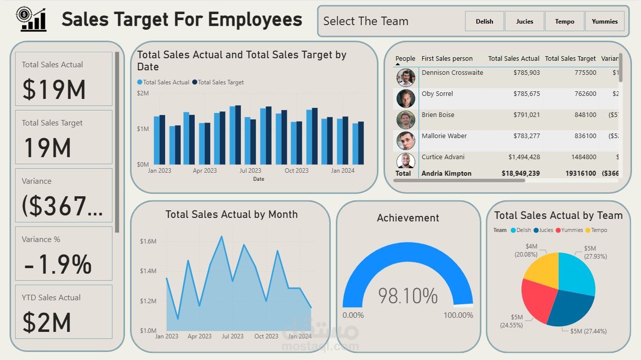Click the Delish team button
pos(484,22)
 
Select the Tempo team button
pos(565,22)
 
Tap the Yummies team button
pos(604,22)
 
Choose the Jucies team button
pos(525,22)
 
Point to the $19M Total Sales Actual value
pos(54,89)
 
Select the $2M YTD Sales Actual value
pos(47,322)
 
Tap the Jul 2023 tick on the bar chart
pos(250,171)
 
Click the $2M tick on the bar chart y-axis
pos(143,93)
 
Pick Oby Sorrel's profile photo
pos(406,98)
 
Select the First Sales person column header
pos(447,59)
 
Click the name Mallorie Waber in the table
pos(444,136)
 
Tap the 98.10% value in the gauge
pos(408,296)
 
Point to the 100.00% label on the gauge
pos(458,315)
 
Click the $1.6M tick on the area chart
pos(148,242)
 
